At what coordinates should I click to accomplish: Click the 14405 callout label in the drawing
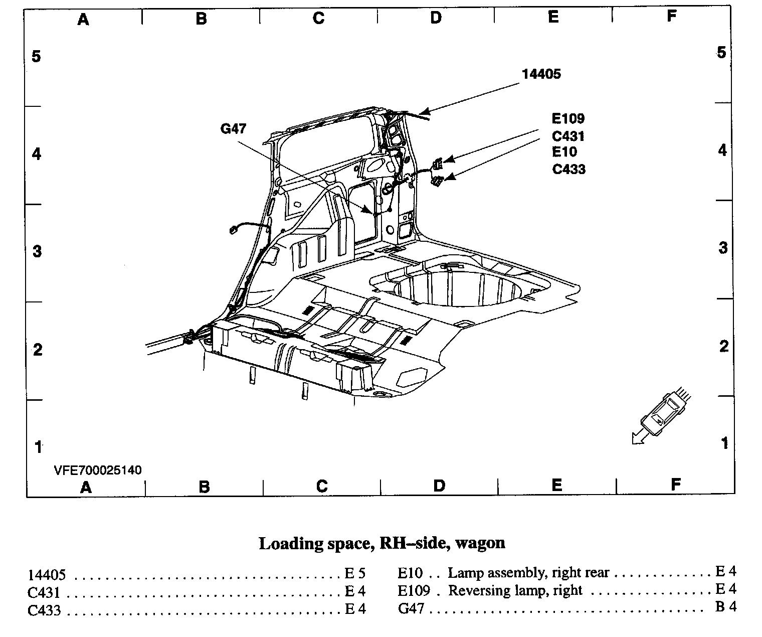tap(541, 74)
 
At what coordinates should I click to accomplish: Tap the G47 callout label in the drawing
tap(234, 129)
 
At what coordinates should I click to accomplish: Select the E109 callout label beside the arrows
tap(568, 119)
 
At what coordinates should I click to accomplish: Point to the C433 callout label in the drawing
tap(568, 169)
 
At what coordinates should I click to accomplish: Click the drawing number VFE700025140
tap(98, 470)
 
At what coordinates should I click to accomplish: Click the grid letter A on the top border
tap(83, 19)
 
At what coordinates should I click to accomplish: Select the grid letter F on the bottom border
tap(676, 485)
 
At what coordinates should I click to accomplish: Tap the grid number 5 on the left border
tap(36, 56)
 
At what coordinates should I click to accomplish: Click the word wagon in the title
tap(482, 543)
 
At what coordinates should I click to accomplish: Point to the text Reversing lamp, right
tap(515, 590)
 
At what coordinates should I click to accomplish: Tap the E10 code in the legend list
tap(410, 573)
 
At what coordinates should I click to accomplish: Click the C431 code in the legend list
tap(44, 592)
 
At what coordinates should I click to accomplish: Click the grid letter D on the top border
tap(436, 18)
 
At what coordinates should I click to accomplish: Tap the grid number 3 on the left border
tap(37, 251)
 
